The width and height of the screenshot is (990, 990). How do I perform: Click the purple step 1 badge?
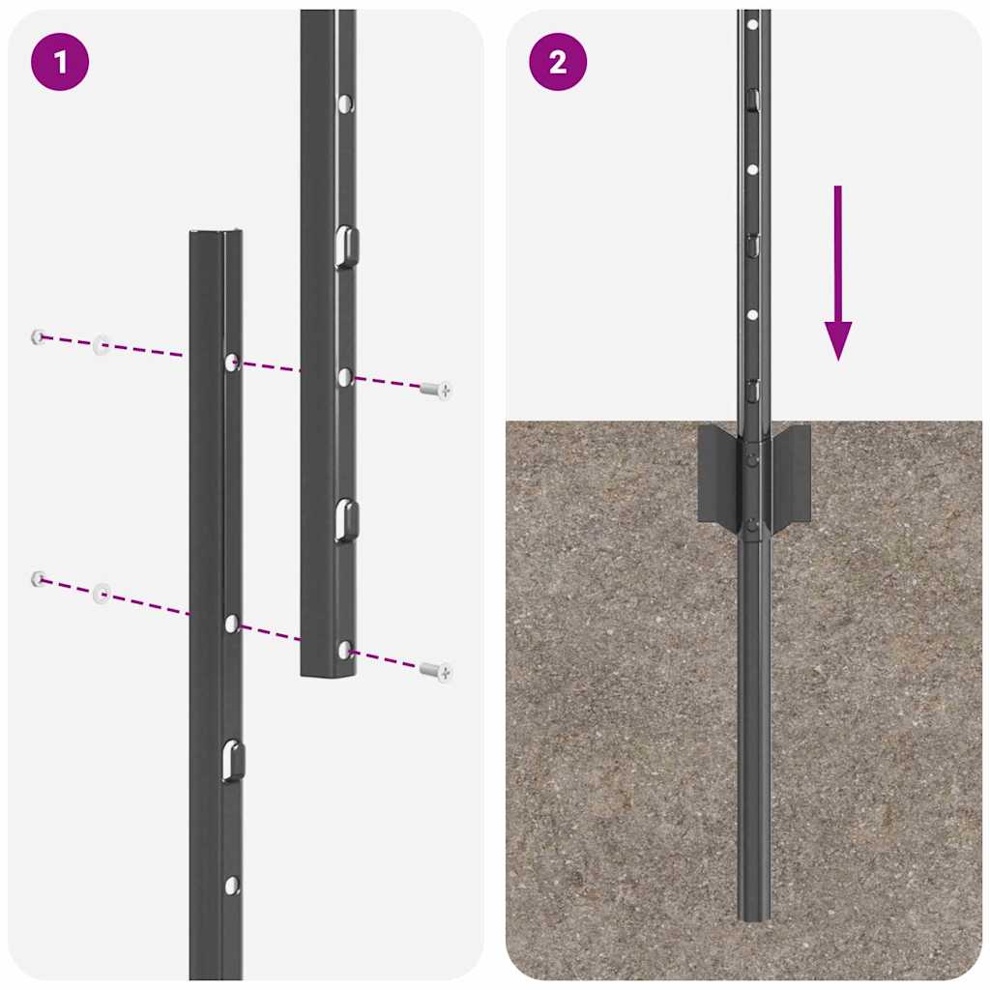(x=60, y=63)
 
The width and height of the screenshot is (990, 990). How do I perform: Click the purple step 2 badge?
(x=558, y=63)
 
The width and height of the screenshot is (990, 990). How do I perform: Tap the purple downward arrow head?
(x=838, y=340)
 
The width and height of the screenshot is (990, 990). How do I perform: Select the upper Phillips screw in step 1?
(x=437, y=390)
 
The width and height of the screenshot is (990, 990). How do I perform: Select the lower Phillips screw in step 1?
(x=437, y=670)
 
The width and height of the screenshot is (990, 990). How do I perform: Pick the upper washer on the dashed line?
(x=101, y=345)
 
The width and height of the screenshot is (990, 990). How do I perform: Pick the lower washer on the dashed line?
(x=102, y=593)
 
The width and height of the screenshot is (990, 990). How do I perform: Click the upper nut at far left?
(x=38, y=336)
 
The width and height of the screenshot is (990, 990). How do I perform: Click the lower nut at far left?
(x=38, y=578)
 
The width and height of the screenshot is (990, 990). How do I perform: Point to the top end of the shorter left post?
(x=216, y=233)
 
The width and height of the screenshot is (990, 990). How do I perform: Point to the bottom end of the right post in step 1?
(x=328, y=672)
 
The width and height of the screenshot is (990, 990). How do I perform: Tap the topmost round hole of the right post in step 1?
(x=345, y=102)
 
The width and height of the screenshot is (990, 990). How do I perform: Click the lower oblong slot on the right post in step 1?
(x=345, y=520)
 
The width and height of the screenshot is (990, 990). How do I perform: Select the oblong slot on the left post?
(x=231, y=760)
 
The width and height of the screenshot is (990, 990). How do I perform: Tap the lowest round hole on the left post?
(x=231, y=884)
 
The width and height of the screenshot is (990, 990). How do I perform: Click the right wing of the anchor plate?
(x=791, y=476)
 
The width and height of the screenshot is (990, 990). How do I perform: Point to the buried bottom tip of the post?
(x=754, y=915)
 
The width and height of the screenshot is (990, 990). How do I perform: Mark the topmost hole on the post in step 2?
(x=752, y=23)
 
